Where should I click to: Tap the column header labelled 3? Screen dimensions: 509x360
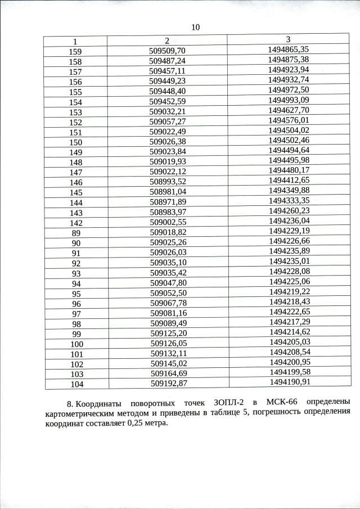[x=288, y=39]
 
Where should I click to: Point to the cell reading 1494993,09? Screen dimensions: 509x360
[x=289, y=100]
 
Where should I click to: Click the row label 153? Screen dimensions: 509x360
[x=75, y=112]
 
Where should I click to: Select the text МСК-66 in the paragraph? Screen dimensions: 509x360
[x=285, y=404]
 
